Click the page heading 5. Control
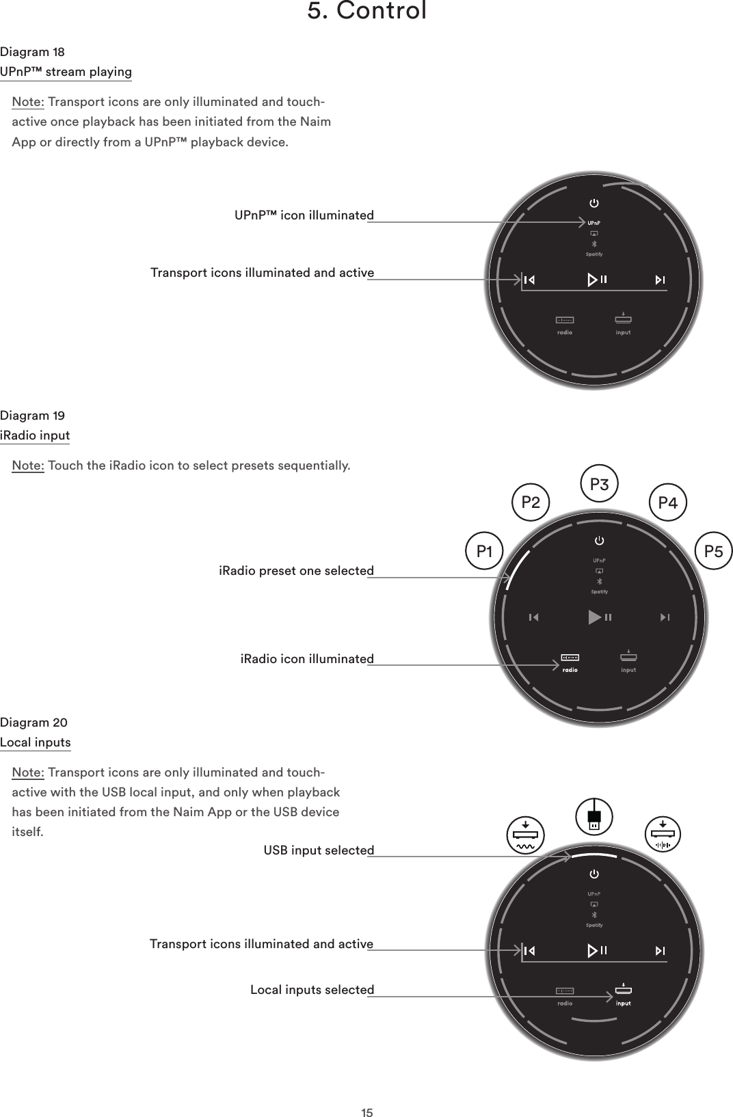pyautogui.click(x=367, y=11)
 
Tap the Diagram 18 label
pyautogui.click(x=33, y=52)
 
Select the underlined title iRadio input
pyautogui.click(x=35, y=435)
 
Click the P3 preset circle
pyautogui.click(x=599, y=485)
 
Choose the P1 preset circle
pyautogui.click(x=485, y=550)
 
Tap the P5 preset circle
pyautogui.click(x=713, y=550)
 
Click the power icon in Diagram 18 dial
pyautogui.click(x=594, y=203)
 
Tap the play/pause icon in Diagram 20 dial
pyautogui.click(x=596, y=950)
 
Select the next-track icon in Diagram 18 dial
pyautogui.click(x=660, y=280)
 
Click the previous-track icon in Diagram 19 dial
pyautogui.click(x=533, y=617)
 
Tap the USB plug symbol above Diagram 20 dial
pyautogui.click(x=594, y=818)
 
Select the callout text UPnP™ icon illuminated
pyautogui.click(x=304, y=215)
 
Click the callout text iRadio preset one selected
pyautogui.click(x=296, y=571)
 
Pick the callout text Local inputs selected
pyautogui.click(x=312, y=990)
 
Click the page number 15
pyautogui.click(x=367, y=1094)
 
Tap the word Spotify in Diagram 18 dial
pyautogui.click(x=594, y=254)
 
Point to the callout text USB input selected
pyautogui.click(x=319, y=850)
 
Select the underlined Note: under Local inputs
pyautogui.click(x=28, y=772)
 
